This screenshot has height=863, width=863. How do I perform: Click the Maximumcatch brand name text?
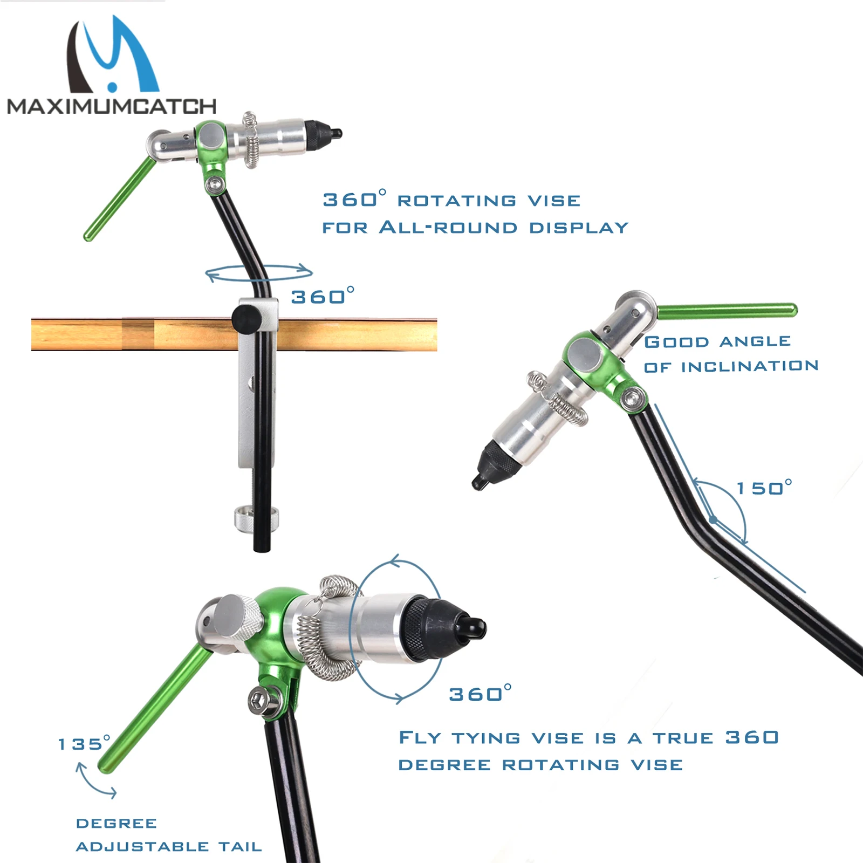pyautogui.click(x=112, y=106)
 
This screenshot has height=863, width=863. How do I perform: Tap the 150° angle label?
pyautogui.click(x=764, y=488)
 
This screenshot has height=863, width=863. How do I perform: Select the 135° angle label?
pyautogui.click(x=84, y=744)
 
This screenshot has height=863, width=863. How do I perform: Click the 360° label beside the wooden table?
pyautogui.click(x=323, y=297)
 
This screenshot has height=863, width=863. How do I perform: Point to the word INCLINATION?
pyautogui.click(x=750, y=367)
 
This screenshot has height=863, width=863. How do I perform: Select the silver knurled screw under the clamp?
pyautogui.click(x=257, y=517)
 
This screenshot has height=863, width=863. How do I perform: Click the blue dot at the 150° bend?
pyautogui.click(x=713, y=520)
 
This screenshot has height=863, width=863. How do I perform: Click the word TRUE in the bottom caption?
pyautogui.click(x=683, y=738)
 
